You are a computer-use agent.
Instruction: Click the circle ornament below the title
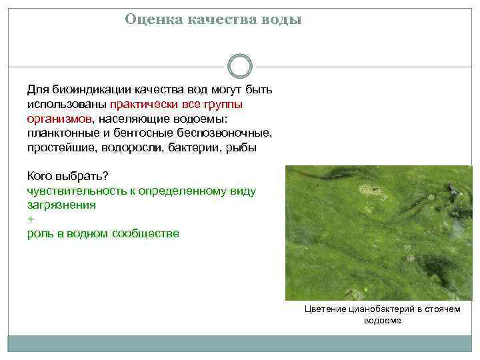240,67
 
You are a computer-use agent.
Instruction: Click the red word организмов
60,119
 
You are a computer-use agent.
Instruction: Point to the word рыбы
241,148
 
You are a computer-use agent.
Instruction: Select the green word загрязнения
61,205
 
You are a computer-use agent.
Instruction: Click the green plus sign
30,219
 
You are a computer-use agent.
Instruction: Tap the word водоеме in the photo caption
383,321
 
